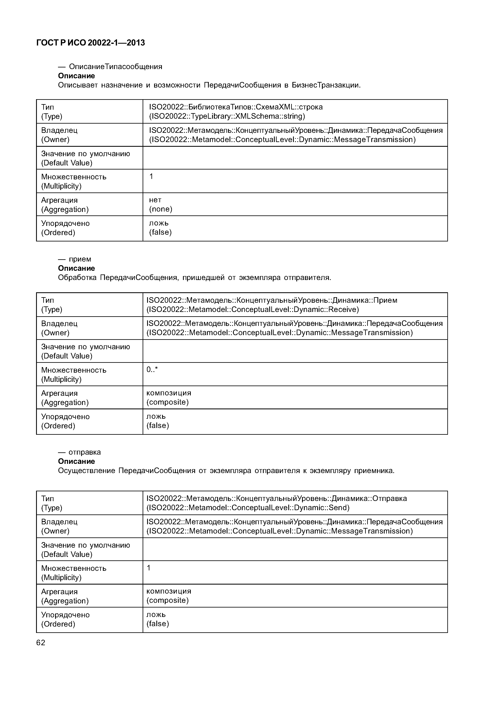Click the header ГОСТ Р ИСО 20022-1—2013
90,43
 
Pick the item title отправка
85,452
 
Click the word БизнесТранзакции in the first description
326,85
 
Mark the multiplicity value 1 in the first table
151,176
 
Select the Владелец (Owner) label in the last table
59,526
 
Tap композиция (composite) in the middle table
169,397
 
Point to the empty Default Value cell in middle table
295,351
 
